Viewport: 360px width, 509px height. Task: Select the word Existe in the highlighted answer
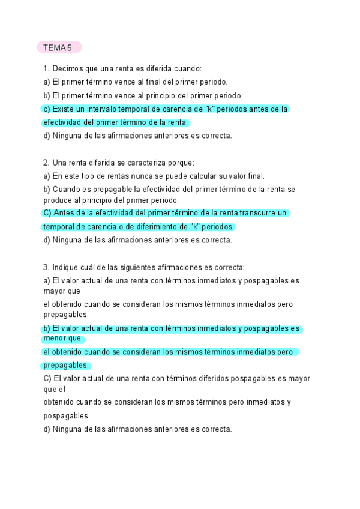[64, 109]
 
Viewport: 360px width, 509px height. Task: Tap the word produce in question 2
[57, 200]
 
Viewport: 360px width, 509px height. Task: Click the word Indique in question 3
[66, 267]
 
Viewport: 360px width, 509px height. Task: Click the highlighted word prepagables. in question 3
[65, 365]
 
